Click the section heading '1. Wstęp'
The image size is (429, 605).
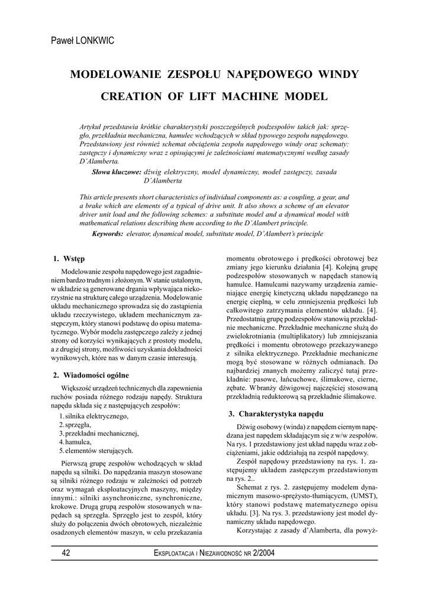(x=69, y=259)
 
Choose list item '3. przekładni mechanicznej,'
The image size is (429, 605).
(x=98, y=433)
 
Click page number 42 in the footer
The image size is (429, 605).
(x=66, y=553)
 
